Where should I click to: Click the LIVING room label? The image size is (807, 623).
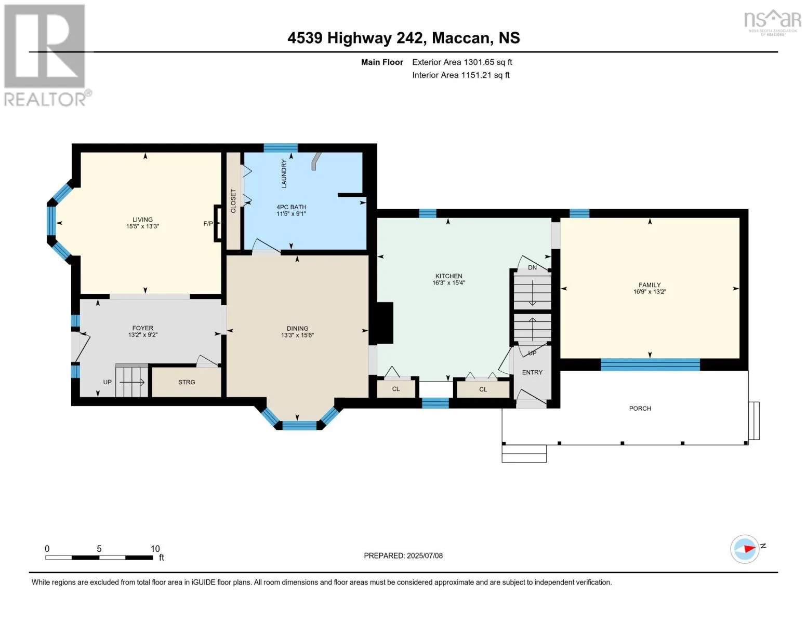click(x=142, y=219)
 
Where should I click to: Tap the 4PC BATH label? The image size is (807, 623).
click(x=291, y=207)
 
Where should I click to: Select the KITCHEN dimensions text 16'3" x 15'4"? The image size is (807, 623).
click(x=448, y=283)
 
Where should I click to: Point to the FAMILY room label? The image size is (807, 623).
click(x=650, y=285)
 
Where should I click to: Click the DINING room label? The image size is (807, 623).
click(x=297, y=329)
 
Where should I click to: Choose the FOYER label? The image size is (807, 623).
click(x=142, y=328)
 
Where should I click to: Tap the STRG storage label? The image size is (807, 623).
click(x=187, y=382)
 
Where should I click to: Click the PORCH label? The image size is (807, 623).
click(x=640, y=409)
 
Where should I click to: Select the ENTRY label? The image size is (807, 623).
click(x=532, y=373)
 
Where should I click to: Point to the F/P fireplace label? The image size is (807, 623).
click(x=208, y=224)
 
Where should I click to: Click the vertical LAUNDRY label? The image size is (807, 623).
click(x=284, y=173)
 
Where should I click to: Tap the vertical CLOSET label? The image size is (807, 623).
click(x=233, y=201)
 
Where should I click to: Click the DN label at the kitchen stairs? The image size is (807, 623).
click(x=532, y=267)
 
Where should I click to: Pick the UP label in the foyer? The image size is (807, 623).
click(x=108, y=382)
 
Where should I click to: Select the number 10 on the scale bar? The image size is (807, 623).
click(x=155, y=549)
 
